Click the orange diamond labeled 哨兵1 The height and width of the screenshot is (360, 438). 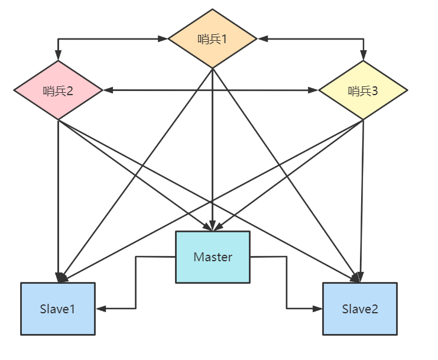tap(212, 39)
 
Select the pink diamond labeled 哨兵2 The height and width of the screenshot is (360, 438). tap(58, 90)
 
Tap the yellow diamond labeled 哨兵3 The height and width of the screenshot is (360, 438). tap(363, 90)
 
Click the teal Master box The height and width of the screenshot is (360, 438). tap(213, 257)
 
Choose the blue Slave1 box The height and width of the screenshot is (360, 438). tap(58, 309)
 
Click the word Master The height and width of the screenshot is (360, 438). tap(213, 257)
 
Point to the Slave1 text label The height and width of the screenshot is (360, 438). tap(58, 309)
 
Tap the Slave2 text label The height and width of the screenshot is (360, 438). tap(360, 309)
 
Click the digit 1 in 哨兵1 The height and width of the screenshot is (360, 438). tap(224, 40)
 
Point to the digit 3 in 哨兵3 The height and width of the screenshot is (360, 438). tap(375, 91)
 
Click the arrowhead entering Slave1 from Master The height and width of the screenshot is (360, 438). tap(101, 309)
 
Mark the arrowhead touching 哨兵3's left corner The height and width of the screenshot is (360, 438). tap(313, 90)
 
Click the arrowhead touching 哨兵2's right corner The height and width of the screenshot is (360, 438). tap(108, 90)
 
